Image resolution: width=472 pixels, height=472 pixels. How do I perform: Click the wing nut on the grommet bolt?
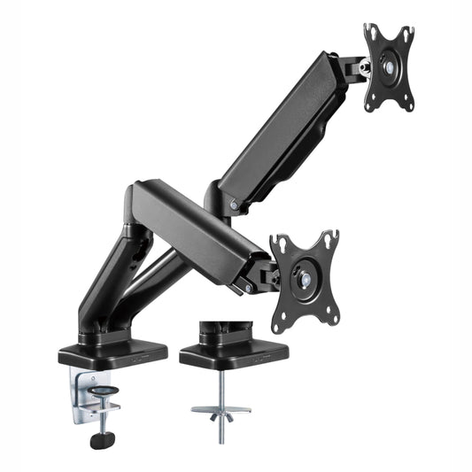213,414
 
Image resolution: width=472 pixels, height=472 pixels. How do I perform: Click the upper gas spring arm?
283,133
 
